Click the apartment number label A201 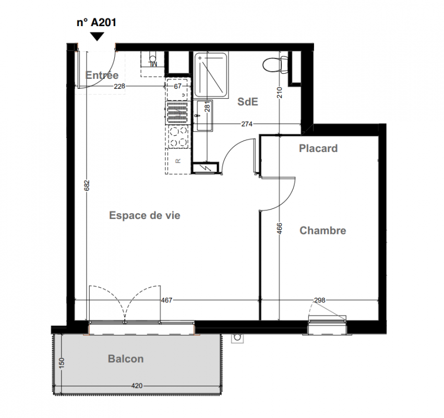(97, 22)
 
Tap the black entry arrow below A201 (97, 37)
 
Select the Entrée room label (102, 75)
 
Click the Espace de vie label (145, 215)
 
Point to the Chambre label (323, 230)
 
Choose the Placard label (318, 148)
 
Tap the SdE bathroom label (248, 101)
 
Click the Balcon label (126, 359)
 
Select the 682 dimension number (87, 185)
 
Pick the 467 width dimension (166, 300)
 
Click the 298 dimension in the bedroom (320, 300)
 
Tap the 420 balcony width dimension (137, 386)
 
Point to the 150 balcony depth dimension (62, 363)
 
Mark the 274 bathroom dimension (247, 124)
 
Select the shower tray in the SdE (211, 75)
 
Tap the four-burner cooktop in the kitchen (178, 137)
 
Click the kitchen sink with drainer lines (178, 113)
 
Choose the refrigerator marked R (178, 161)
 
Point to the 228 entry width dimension (119, 86)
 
